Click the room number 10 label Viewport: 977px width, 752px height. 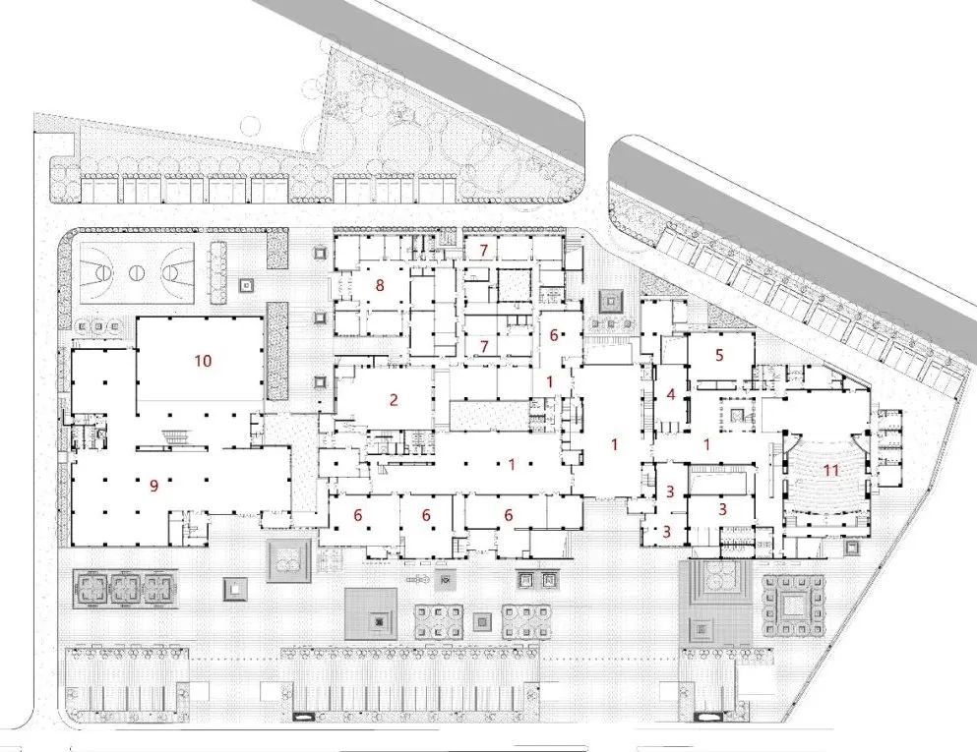203,361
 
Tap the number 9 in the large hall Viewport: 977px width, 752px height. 153,487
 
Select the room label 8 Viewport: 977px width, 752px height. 380,286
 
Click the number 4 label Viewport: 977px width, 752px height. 671,394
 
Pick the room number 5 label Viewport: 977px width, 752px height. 719,356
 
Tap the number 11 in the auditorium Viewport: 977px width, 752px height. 832,470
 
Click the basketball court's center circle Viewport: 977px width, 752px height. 137,272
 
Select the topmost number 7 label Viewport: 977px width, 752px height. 483,251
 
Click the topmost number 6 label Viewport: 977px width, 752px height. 553,335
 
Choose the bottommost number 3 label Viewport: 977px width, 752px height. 667,532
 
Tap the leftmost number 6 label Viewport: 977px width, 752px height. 358,515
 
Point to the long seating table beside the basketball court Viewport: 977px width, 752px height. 218,272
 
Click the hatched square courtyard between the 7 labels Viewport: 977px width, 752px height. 514,286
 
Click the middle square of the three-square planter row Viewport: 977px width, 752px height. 127,588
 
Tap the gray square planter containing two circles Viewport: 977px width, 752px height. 288,560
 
